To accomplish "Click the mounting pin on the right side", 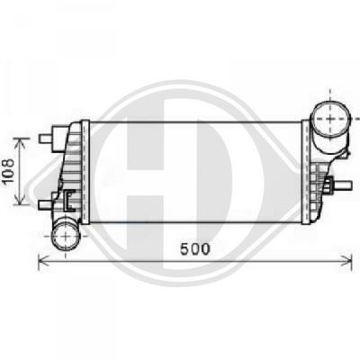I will click(344, 186).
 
